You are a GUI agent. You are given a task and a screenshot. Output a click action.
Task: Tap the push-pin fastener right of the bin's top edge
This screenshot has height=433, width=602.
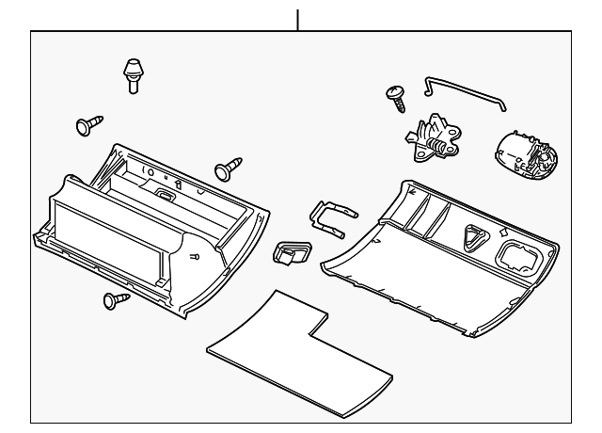click(x=227, y=169)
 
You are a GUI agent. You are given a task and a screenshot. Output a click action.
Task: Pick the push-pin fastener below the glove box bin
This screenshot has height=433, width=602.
click(x=117, y=300)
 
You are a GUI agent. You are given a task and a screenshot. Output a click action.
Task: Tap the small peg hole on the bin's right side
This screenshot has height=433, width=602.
click(x=195, y=256)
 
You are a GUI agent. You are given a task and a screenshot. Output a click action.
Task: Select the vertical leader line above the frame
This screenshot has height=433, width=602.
click(x=298, y=19)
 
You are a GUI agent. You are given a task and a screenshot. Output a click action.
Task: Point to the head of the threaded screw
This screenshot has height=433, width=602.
click(x=392, y=91)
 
